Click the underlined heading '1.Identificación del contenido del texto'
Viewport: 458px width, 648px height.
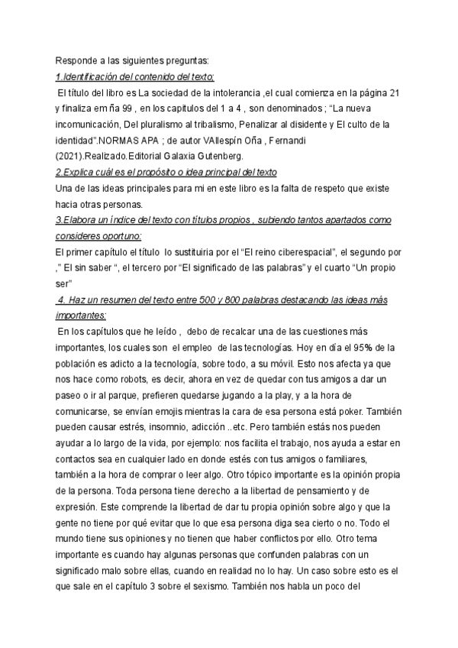tap(136, 77)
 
